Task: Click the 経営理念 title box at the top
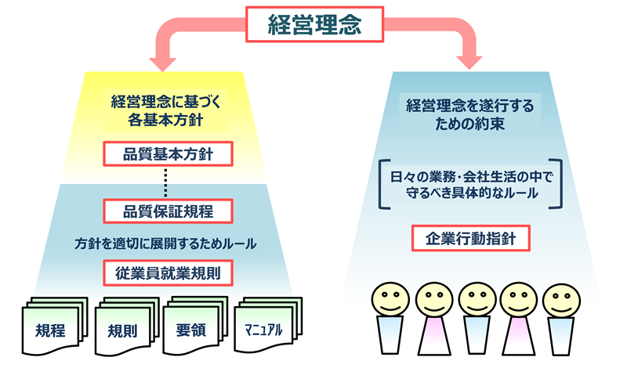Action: pos(315,24)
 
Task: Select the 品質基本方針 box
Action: pos(168,153)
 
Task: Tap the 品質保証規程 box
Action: pos(168,211)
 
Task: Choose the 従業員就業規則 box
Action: pos(168,273)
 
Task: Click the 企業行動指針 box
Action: pos(471,239)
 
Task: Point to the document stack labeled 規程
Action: pos(54,325)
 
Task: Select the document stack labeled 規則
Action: pos(127,326)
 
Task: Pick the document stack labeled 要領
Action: pos(195,325)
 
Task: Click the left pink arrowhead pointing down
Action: pos(163,64)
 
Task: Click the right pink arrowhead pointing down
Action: pos(469,62)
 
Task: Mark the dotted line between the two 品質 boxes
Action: pos(165,182)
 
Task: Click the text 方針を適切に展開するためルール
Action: pos(165,244)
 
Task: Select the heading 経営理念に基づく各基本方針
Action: pos(165,110)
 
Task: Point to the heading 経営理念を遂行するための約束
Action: pos(469,114)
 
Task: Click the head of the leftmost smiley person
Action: pos(390,299)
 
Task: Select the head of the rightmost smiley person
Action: pos(561,301)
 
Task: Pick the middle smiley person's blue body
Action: pos(477,335)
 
